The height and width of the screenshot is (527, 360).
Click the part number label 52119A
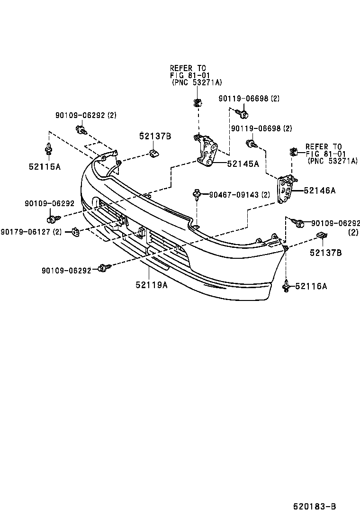151,285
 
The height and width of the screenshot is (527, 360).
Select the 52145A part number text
243,164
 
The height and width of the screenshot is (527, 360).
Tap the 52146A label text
319,191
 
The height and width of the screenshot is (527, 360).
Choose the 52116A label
311,286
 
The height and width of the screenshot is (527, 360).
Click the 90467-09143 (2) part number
239,194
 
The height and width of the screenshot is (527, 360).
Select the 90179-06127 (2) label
31,231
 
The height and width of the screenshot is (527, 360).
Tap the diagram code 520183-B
314,507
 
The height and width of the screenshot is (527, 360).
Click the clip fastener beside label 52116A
287,287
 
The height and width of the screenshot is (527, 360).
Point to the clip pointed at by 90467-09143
197,194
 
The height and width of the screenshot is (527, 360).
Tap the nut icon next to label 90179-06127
75,231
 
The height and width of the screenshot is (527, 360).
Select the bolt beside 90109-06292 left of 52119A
103,268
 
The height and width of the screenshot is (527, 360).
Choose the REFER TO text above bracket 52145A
188,68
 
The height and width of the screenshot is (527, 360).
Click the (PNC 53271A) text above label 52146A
333,161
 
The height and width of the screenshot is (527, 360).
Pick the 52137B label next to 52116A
325,253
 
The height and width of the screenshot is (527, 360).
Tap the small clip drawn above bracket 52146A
292,152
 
